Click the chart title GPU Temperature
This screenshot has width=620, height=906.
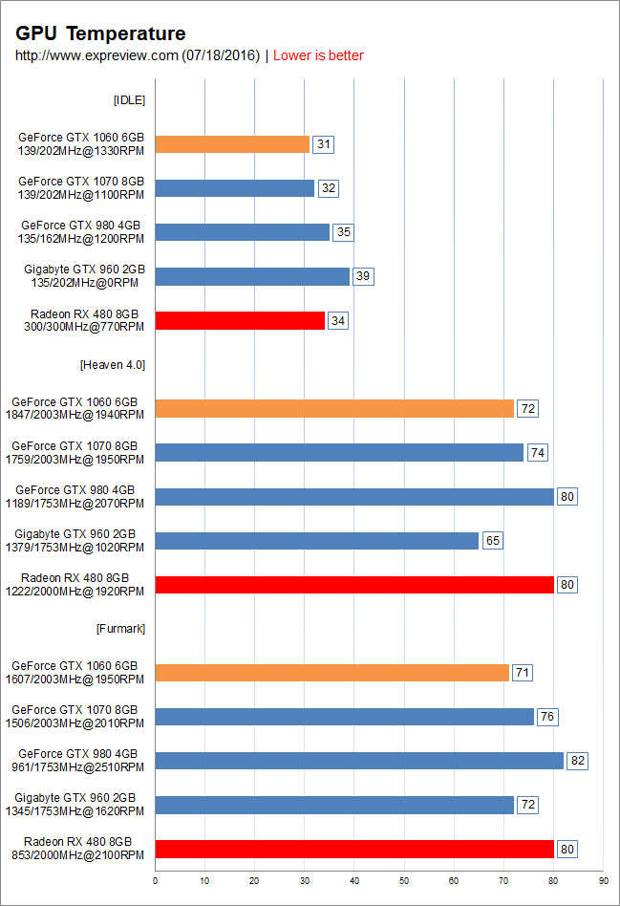tap(100, 34)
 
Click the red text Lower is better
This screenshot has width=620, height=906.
tap(318, 55)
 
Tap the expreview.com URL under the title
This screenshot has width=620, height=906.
tap(138, 55)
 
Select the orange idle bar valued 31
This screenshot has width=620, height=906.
tap(232, 144)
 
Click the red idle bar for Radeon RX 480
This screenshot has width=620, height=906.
tap(240, 320)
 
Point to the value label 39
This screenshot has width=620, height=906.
tap(363, 276)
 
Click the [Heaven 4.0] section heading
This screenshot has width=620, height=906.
tap(113, 364)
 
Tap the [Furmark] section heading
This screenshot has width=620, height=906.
tap(120, 628)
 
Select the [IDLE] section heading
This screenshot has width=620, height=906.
tap(129, 100)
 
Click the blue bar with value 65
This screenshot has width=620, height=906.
tap(316, 541)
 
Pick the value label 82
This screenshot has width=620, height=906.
tap(576, 761)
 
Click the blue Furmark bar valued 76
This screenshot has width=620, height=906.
tap(344, 717)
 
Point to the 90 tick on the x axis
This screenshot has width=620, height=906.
tap(603, 879)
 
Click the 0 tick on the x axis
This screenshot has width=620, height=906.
tap(155, 879)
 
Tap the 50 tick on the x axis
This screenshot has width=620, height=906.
tap(404, 879)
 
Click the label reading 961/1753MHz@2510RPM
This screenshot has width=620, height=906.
tap(81, 767)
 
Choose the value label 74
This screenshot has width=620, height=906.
tap(538, 453)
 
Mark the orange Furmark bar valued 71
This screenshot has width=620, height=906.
tap(331, 673)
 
